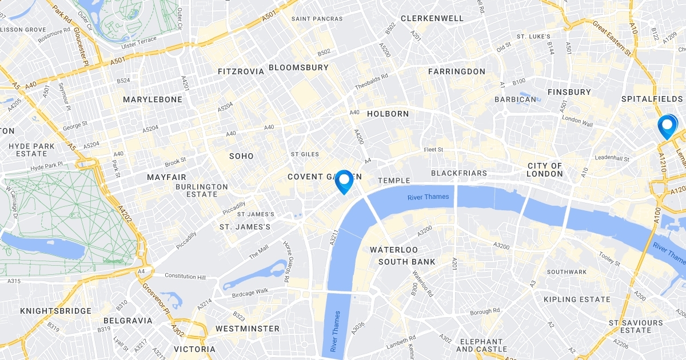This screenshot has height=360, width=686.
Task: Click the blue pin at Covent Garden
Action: tap(344, 181)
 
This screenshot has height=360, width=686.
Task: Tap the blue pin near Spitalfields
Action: tap(667, 126)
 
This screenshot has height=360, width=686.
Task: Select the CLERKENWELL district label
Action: tap(432, 18)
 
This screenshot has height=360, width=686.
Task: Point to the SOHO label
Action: tap(241, 156)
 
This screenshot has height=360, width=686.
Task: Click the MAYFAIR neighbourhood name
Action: tap(167, 177)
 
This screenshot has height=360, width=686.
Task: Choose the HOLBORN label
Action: tap(388, 114)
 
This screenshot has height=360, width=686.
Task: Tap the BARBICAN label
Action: tap(517, 99)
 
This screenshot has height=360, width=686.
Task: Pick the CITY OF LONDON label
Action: tap(545, 170)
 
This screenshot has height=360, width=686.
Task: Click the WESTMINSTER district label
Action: tap(248, 329)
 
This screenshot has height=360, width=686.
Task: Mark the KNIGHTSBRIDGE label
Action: tap(55, 311)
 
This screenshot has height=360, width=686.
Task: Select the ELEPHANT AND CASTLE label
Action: tap(481, 345)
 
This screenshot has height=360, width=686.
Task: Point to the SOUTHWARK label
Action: tap(567, 271)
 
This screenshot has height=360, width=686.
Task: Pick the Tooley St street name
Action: tap(609, 259)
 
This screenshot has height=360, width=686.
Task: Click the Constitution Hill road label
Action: tap(185, 276)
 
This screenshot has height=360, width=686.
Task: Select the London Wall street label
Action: tap(578, 119)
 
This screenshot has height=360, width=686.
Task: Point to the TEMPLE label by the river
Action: tap(394, 181)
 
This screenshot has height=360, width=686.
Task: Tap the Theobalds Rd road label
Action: tap(371, 82)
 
